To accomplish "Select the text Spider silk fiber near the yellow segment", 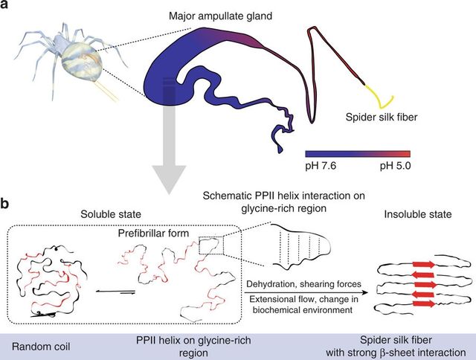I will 382,118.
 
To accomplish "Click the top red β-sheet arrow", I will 414,263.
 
